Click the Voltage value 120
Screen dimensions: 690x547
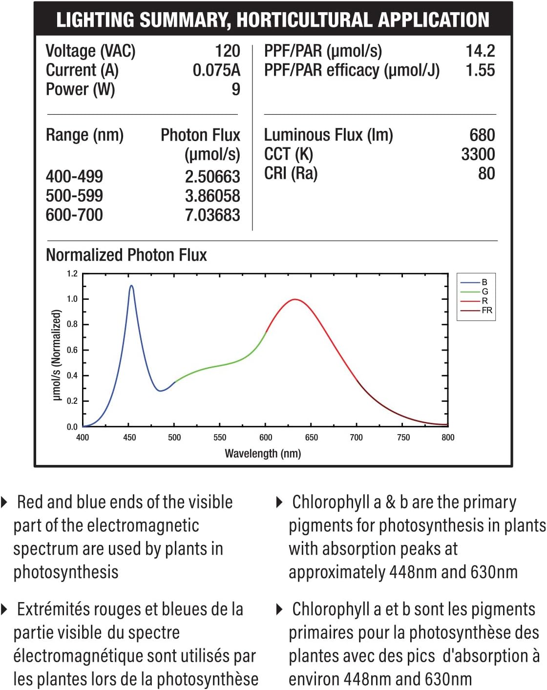[227, 51]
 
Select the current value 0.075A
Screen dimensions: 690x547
[216, 70]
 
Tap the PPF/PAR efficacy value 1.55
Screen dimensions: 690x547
[480, 70]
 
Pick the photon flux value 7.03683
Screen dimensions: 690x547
[212, 215]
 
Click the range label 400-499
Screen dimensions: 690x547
[74, 176]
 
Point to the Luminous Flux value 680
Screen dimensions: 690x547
[482, 135]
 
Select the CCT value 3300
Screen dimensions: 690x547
[478, 154]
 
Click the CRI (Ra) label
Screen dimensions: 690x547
[291, 173]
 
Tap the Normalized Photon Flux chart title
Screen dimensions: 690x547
[126, 255]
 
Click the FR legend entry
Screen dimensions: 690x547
[486, 310]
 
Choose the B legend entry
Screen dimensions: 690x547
[484, 282]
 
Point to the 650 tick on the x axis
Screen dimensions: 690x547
[311, 438]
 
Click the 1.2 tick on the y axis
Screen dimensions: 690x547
[72, 273]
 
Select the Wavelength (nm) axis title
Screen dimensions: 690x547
[263, 454]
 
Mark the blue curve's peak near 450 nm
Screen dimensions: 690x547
[131, 286]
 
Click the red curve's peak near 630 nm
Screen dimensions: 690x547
[295, 299]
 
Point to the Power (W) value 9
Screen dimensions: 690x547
[236, 89]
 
